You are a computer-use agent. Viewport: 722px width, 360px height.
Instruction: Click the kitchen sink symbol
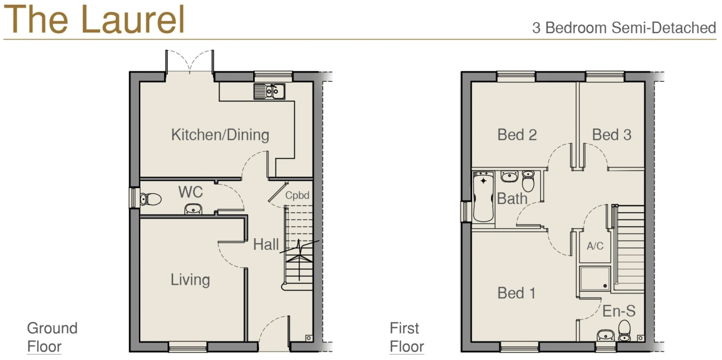[x=270, y=90]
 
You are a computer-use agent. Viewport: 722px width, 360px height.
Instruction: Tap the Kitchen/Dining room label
[x=220, y=135]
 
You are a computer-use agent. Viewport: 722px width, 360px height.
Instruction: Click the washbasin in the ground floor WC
[x=193, y=209]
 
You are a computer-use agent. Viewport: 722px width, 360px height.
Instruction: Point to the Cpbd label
[x=297, y=196]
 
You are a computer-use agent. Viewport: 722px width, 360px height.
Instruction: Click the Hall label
[x=266, y=244]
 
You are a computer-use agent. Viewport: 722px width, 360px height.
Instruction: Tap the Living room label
[x=190, y=280]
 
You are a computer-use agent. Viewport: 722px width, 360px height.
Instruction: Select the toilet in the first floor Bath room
[x=528, y=180]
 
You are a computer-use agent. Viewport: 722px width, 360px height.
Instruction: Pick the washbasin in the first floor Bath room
[x=509, y=176]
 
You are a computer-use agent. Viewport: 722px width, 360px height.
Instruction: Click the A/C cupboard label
[x=595, y=246]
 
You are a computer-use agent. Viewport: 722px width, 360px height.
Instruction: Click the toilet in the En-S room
[x=624, y=329]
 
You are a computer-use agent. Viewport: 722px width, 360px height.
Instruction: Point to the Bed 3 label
[x=611, y=135]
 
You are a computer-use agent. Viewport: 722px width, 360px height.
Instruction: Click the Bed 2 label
[x=517, y=135]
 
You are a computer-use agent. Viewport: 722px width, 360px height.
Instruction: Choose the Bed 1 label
[x=516, y=293]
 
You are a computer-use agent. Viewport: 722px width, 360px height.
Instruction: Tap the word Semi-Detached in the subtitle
[x=664, y=28]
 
